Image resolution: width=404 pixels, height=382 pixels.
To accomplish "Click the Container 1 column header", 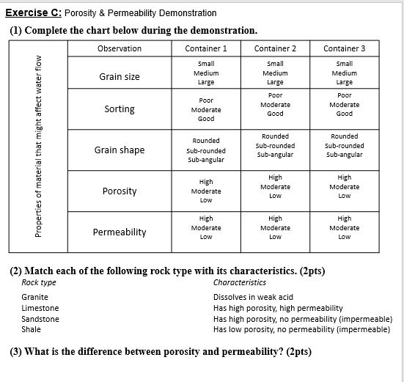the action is (206, 48).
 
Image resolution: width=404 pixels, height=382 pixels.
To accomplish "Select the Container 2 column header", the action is (275, 48).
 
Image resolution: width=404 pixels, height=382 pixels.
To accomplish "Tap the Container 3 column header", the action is (344, 48).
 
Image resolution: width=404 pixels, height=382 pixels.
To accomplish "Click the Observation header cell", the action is (120, 48).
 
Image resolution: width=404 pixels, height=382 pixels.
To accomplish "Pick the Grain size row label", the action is (120, 76).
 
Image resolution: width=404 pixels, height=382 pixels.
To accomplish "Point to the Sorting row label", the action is (120, 109).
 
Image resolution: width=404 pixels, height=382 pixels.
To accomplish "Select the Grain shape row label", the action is (120, 150).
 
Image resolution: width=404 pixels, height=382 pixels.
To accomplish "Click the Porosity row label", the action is (120, 191).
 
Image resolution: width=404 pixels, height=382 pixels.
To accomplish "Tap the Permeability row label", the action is (120, 232).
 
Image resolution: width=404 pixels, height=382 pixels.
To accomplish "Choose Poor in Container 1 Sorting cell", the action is (206, 100).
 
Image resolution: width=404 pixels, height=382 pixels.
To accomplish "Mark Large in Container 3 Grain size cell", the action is (344, 83).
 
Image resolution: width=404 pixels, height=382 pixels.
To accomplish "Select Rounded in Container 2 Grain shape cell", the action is (275, 136).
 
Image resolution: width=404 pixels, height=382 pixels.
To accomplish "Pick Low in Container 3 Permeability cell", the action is (344, 237).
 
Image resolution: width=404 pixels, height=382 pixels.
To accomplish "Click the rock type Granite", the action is (35, 297).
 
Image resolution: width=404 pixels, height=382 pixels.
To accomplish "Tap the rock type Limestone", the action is (40, 308).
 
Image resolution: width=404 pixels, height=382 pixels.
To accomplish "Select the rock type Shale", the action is (32, 330).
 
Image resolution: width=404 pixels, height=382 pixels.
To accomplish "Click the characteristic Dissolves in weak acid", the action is (253, 297).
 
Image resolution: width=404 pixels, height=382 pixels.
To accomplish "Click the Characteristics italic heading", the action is (239, 282).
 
